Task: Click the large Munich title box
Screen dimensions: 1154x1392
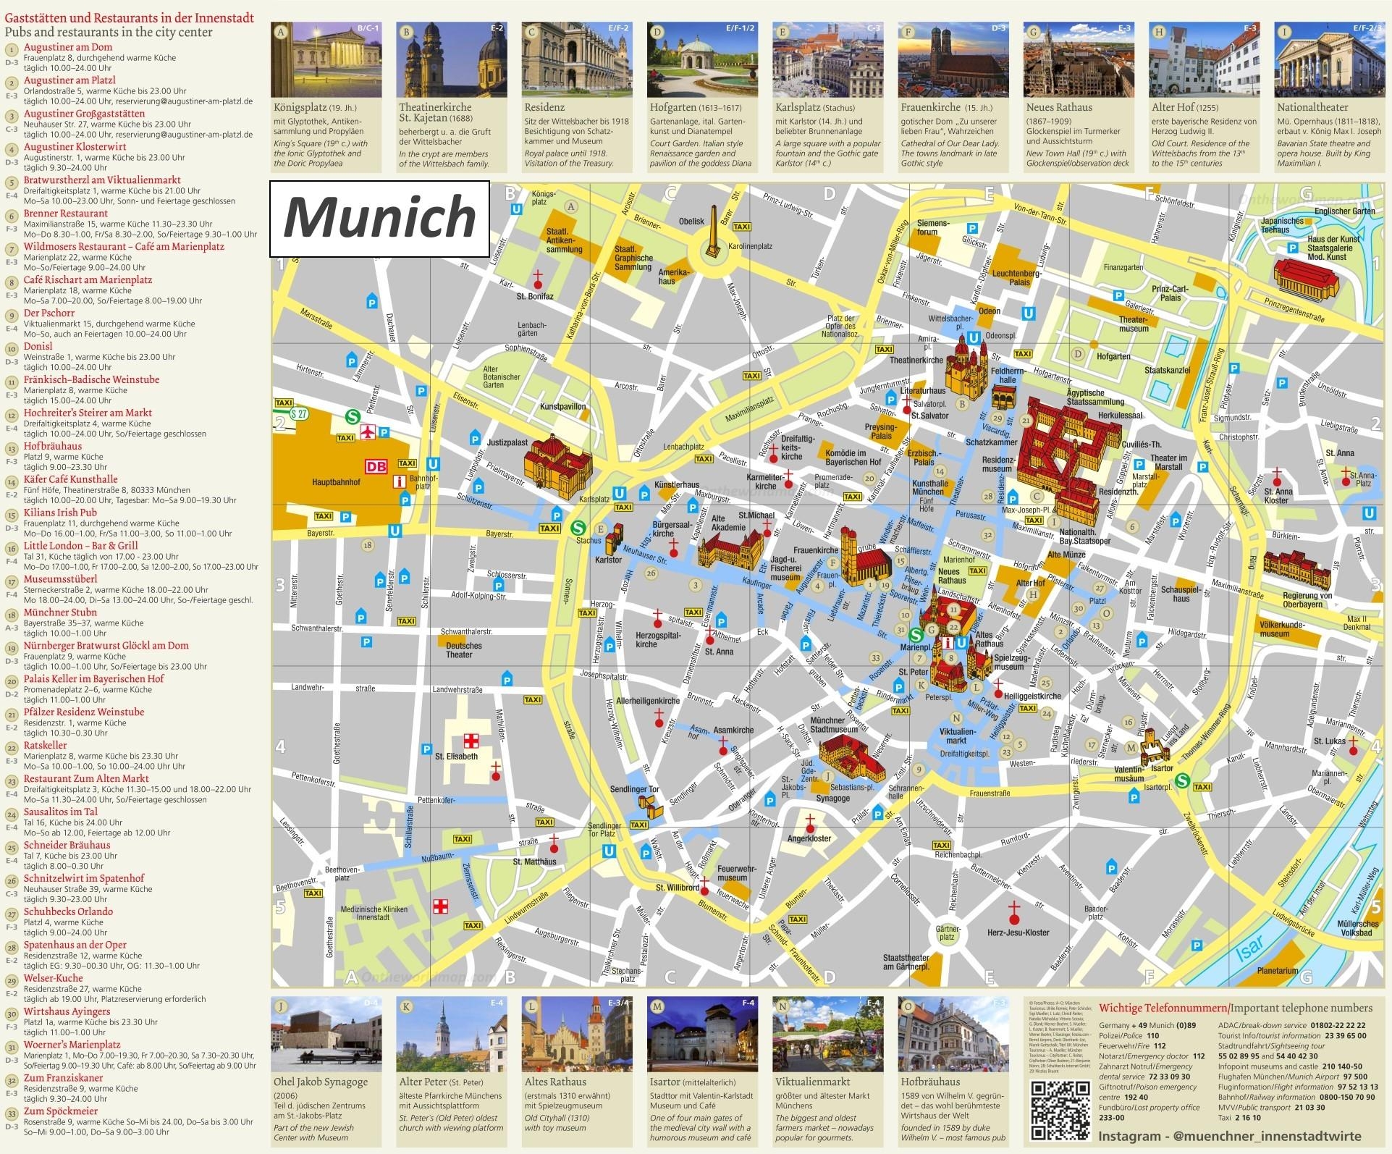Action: pos(379,219)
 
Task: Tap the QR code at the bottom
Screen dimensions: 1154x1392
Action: pos(1060,1111)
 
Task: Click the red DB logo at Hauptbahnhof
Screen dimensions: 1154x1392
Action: pos(376,467)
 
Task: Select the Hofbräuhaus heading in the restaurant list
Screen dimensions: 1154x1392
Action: pos(52,446)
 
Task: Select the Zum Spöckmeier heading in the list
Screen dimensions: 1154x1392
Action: pos(60,1111)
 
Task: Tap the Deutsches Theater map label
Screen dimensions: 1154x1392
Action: pos(463,650)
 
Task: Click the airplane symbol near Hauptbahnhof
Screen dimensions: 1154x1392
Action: pos(369,432)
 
